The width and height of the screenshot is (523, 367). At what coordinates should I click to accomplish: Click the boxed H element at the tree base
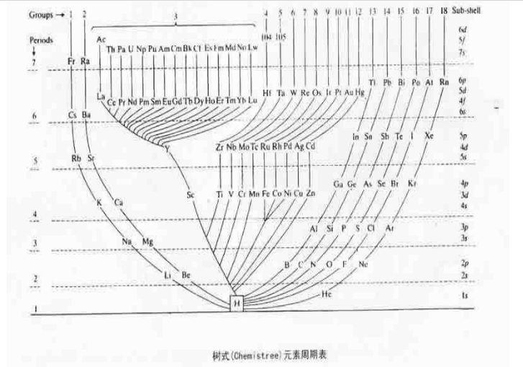(x=235, y=304)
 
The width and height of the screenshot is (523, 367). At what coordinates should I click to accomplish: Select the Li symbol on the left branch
(x=168, y=275)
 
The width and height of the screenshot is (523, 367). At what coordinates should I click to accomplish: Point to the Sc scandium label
(x=191, y=195)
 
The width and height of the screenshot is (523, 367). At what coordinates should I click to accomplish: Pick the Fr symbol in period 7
(x=71, y=62)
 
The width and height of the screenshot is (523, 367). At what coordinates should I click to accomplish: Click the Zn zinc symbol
(x=311, y=193)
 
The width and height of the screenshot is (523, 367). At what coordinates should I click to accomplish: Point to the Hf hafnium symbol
(x=267, y=93)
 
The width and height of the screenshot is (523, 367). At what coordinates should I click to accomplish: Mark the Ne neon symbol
(x=363, y=265)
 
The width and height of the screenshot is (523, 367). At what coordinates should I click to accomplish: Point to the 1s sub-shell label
(x=464, y=295)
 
